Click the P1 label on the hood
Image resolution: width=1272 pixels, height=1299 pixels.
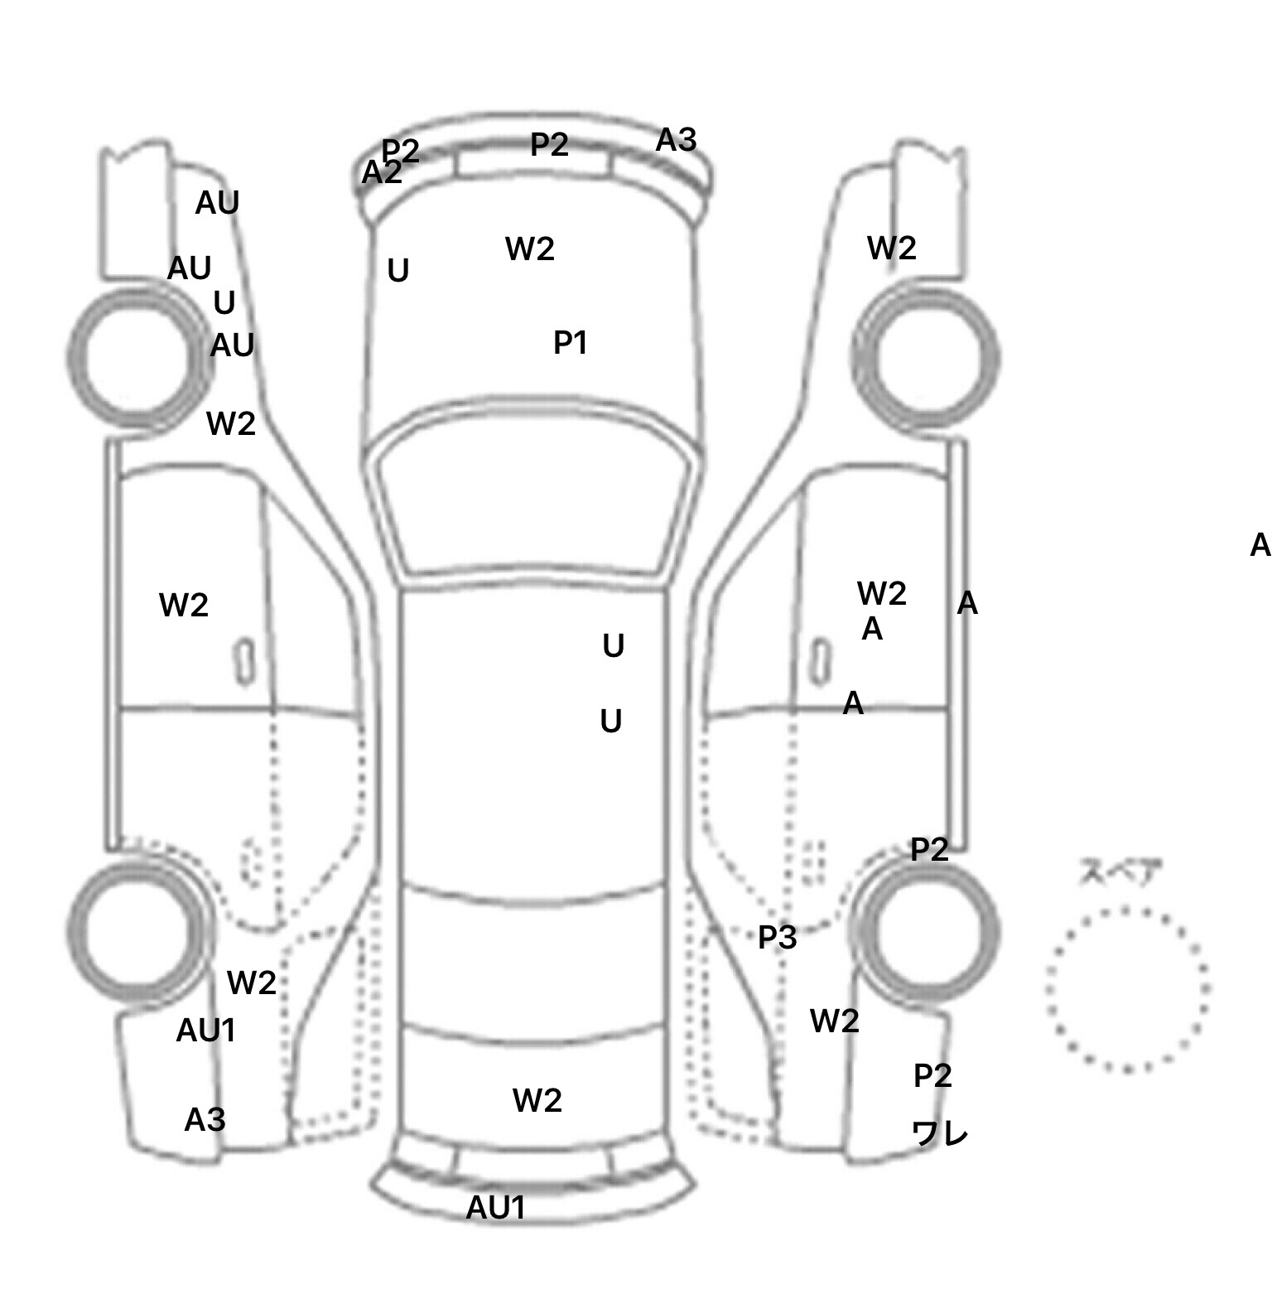coord(570,342)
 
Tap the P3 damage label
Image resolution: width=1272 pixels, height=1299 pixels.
coord(777,937)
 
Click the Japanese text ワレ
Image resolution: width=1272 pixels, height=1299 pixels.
coord(939,1132)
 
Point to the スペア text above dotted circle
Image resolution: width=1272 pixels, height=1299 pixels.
coord(1120,872)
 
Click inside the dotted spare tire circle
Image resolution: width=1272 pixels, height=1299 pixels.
coord(1127,988)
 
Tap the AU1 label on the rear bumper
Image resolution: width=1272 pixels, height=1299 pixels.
coord(495,1208)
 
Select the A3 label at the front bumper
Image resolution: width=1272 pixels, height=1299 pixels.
coord(676,141)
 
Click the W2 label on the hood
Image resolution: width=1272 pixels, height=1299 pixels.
coord(529,249)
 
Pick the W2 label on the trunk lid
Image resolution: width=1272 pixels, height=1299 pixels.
coord(537,1100)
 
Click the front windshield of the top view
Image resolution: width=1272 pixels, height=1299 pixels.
coord(534,497)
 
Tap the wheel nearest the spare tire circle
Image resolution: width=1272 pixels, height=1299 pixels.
coord(926,932)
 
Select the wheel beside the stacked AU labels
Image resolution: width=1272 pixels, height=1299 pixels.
coord(138,356)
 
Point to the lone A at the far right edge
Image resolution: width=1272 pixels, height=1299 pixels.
coord(1260,545)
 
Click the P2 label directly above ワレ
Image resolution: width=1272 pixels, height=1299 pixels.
coord(932,1075)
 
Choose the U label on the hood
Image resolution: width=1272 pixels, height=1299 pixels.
coord(398,271)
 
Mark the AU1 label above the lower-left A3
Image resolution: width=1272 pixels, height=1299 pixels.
coord(206,1031)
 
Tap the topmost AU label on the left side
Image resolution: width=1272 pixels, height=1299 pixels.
coord(217,203)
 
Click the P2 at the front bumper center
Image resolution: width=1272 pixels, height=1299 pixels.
coord(549,145)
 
